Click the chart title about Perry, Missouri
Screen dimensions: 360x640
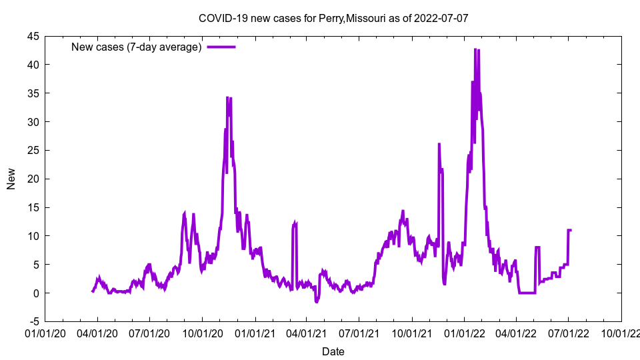[333, 18]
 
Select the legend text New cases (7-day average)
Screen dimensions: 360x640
[137, 47]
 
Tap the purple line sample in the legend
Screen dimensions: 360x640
[221, 47]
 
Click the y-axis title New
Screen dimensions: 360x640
[11, 179]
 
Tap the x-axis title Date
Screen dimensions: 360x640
[333, 351]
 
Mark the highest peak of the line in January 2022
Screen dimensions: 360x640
[475, 49]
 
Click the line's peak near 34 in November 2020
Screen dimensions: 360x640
[227, 97]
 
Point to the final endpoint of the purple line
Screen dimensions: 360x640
[571, 230]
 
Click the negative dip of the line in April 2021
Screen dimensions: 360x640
[317, 302]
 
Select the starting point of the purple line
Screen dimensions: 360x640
[92, 291]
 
